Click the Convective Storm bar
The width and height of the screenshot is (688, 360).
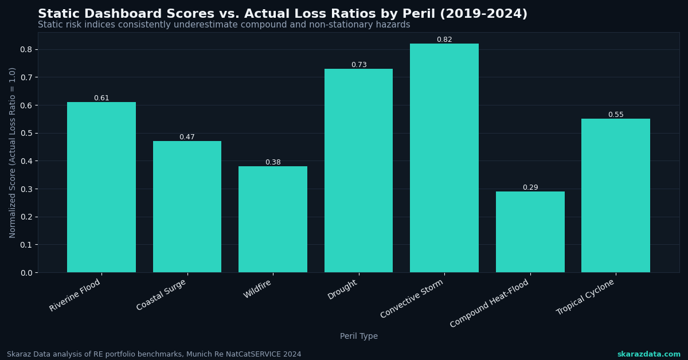pos(444,158)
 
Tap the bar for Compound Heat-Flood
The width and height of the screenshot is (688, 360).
pos(530,232)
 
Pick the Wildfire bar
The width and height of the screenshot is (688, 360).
pos(273,220)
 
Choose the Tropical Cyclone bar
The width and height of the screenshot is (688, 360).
pos(616,195)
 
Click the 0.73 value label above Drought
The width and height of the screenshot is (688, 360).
pos(359,65)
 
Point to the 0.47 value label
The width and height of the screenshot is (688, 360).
pos(187,137)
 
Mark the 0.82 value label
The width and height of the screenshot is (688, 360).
pos(444,40)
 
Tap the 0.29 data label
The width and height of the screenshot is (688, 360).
pos(530,187)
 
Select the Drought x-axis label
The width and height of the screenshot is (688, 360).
pos(343,289)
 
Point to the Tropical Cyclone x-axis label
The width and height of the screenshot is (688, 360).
pos(586,297)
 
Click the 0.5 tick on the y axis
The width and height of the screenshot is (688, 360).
pos(26,133)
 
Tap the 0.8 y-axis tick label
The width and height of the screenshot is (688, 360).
pos(26,49)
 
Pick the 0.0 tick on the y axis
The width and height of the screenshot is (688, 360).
pos(26,273)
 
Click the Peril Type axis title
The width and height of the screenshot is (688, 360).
pos(359,336)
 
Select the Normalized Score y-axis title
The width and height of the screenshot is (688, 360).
pos(13,152)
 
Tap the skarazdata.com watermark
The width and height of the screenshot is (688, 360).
pos(648,354)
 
